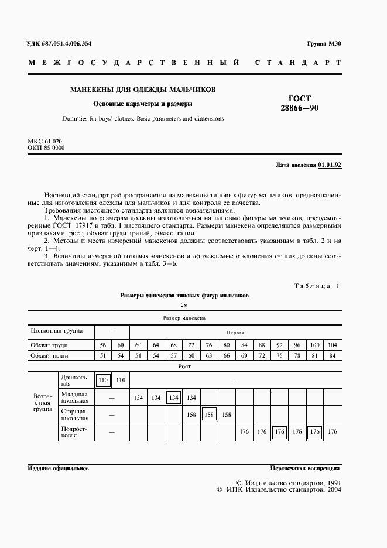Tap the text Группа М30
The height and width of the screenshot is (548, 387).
[324, 44]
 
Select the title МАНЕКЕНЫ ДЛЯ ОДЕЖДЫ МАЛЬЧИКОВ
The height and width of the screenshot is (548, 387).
[143, 90]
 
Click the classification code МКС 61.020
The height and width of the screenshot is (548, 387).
[45, 141]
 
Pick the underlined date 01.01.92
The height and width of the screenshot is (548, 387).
[330, 165]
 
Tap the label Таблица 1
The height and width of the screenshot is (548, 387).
[316, 285]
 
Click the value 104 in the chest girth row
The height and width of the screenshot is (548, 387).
[333, 345]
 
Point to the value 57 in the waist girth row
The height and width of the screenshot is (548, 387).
[173, 355]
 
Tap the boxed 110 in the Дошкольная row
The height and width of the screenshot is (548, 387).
[103, 381]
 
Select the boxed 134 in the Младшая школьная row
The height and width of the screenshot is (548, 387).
[173, 398]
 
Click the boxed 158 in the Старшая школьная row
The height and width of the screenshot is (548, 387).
[209, 415]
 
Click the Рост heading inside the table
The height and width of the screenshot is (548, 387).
[184, 366]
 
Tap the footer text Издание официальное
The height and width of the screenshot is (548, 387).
[58, 468]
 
